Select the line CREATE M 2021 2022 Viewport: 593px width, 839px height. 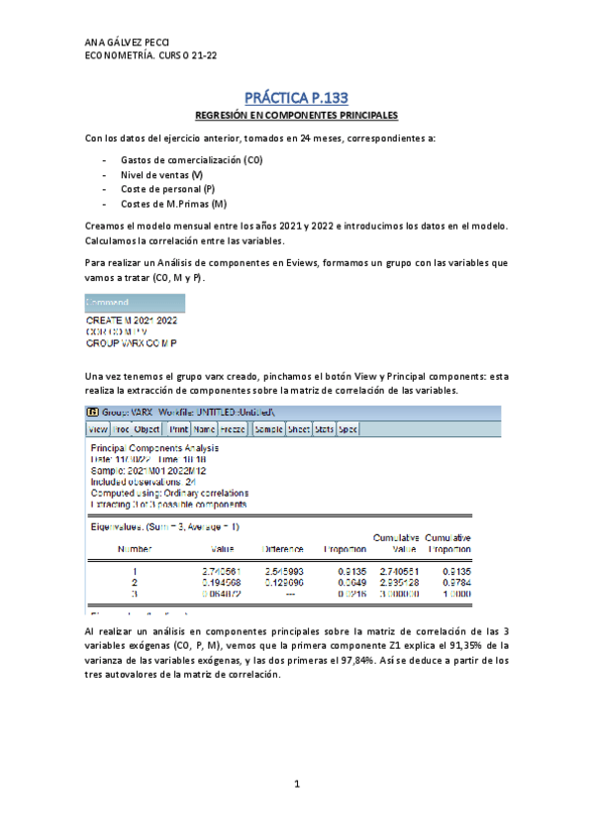(132, 320)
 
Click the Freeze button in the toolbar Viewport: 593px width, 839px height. (233, 429)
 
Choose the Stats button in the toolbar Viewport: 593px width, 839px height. (325, 429)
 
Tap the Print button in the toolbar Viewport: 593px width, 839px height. (178, 429)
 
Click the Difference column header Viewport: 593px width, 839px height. (282, 548)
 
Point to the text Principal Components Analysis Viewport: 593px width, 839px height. (154, 448)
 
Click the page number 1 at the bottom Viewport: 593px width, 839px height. (296, 785)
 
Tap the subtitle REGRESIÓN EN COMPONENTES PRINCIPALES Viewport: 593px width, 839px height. (296, 116)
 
